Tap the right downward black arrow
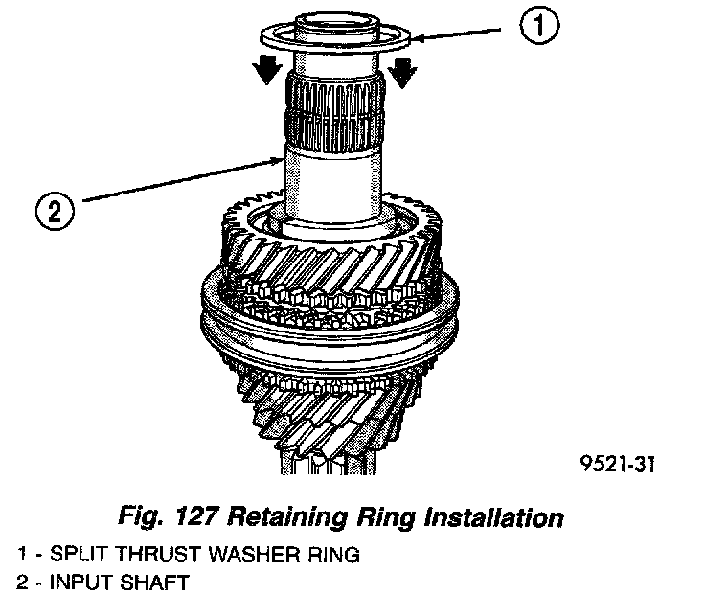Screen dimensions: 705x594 coord(403,70)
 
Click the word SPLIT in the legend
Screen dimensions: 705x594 coord(66,554)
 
